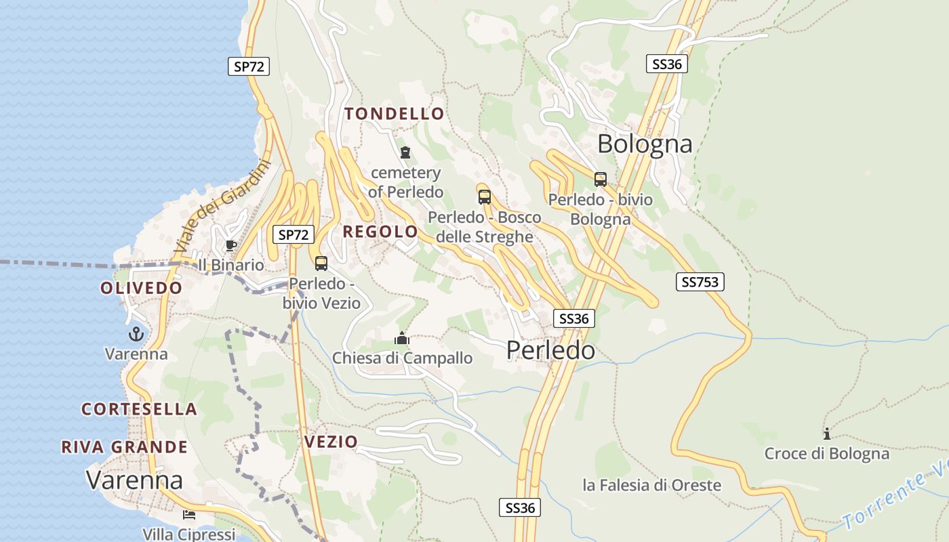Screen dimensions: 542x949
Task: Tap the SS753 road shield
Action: pyautogui.click(x=700, y=282)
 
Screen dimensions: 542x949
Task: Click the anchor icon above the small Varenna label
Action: pyautogui.click(x=136, y=333)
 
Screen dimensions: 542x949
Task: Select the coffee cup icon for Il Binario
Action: pyautogui.click(x=230, y=245)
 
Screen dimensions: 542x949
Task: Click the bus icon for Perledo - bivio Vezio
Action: pyautogui.click(x=321, y=264)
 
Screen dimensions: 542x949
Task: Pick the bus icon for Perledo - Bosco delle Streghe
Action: pyautogui.click(x=484, y=197)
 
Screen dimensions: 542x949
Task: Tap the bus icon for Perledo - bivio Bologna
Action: pyautogui.click(x=600, y=180)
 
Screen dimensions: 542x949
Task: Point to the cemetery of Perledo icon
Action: pyautogui.click(x=405, y=152)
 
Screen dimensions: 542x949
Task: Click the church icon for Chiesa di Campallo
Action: pyautogui.click(x=402, y=337)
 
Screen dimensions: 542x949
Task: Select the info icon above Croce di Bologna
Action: pyautogui.click(x=826, y=434)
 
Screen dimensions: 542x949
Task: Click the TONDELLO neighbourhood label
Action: pyautogui.click(x=394, y=114)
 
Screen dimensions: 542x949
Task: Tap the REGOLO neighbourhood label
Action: pyautogui.click(x=380, y=232)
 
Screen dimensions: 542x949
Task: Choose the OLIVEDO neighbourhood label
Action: pyautogui.click(x=142, y=288)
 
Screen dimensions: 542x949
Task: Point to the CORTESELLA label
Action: pyautogui.click(x=139, y=409)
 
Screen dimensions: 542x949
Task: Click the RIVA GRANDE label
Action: pyautogui.click(x=124, y=447)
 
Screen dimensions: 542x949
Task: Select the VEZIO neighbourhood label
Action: pyautogui.click(x=331, y=442)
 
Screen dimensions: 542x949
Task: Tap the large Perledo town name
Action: pyautogui.click(x=550, y=350)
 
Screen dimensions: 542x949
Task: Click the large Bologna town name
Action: pyautogui.click(x=645, y=144)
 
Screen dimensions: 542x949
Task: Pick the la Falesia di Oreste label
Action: pyautogui.click(x=651, y=485)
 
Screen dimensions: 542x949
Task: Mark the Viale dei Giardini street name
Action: pyautogui.click(x=222, y=207)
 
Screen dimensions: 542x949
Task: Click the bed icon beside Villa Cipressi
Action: pyautogui.click(x=189, y=515)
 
